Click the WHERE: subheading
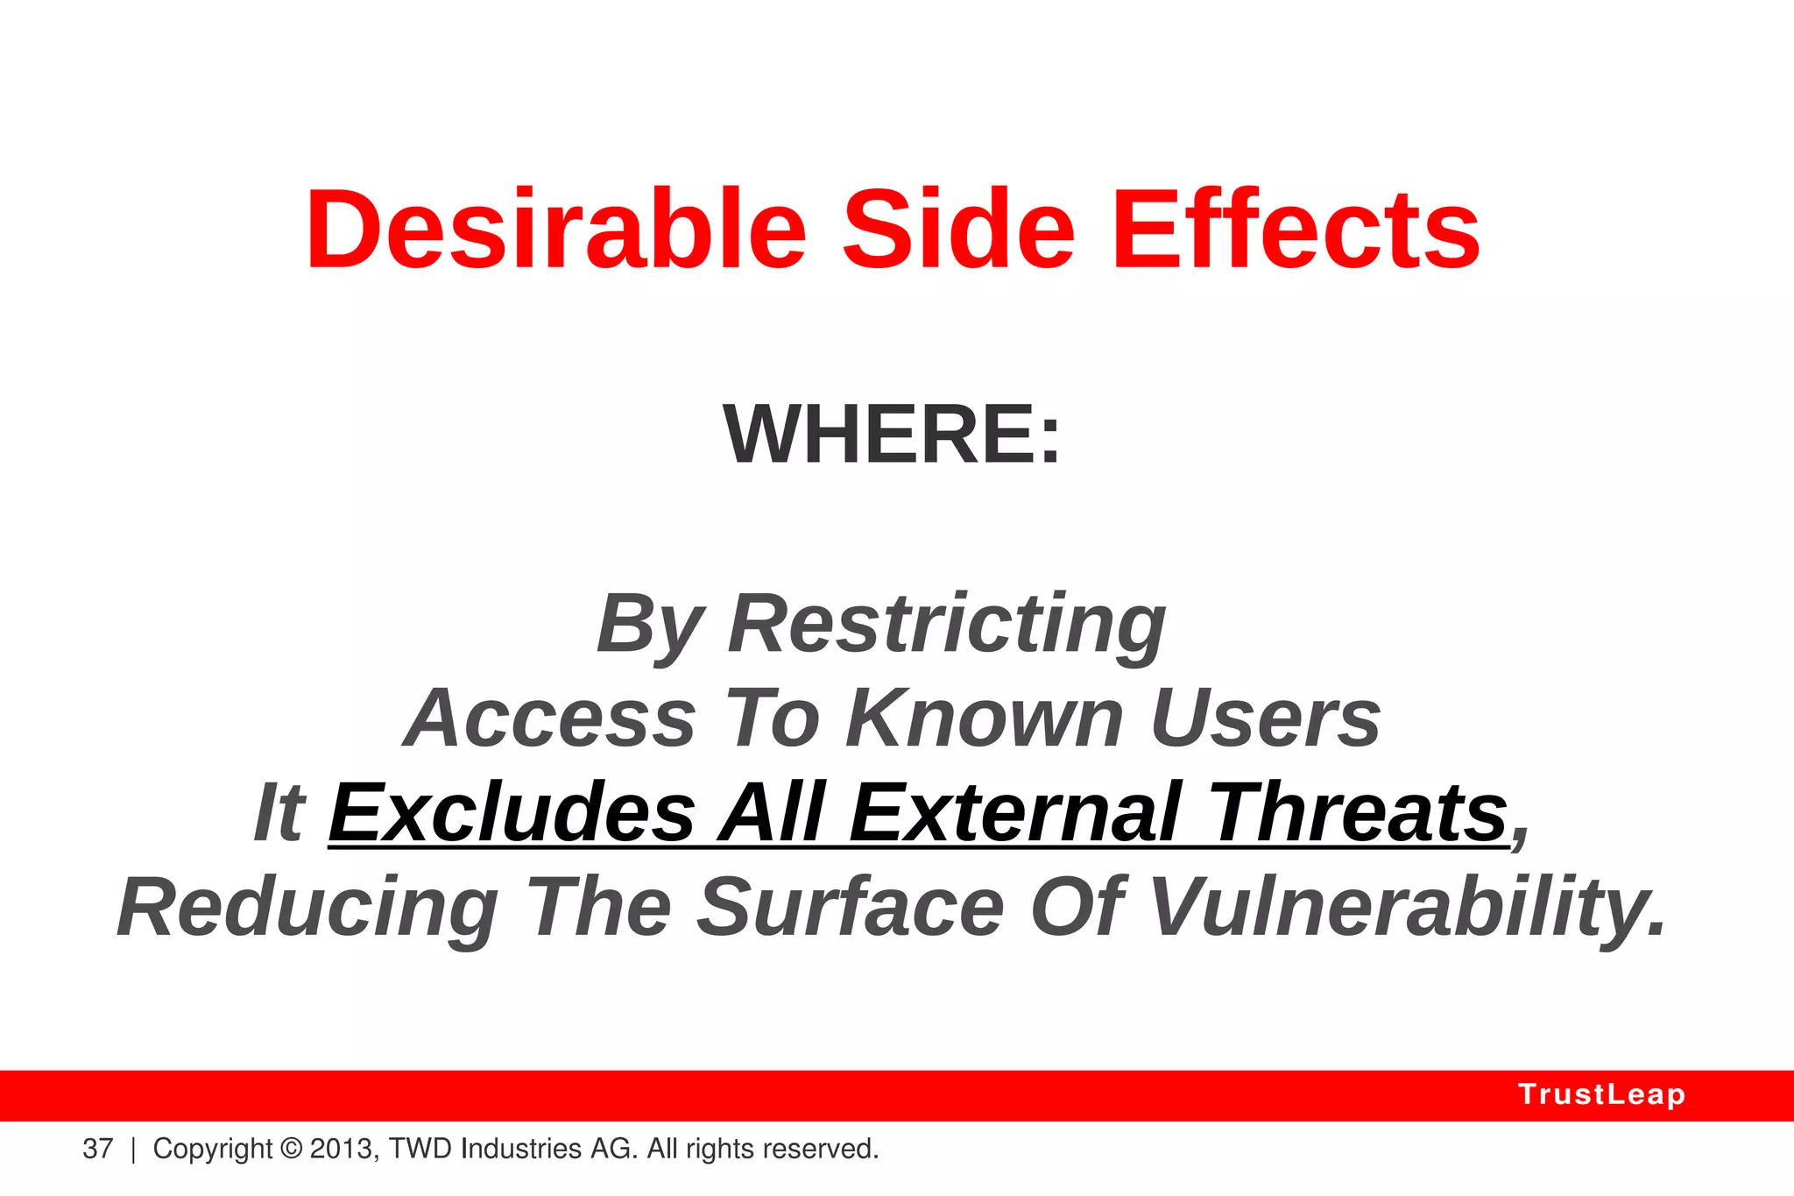[892, 435]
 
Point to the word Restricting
[947, 625]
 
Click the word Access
[550, 718]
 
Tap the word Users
[1266, 718]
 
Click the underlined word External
[1015, 813]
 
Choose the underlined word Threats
[1359, 813]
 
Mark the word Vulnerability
[1406, 909]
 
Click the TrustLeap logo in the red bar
[1601, 1095]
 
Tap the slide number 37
[98, 1149]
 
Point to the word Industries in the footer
[520, 1149]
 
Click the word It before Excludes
[279, 813]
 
